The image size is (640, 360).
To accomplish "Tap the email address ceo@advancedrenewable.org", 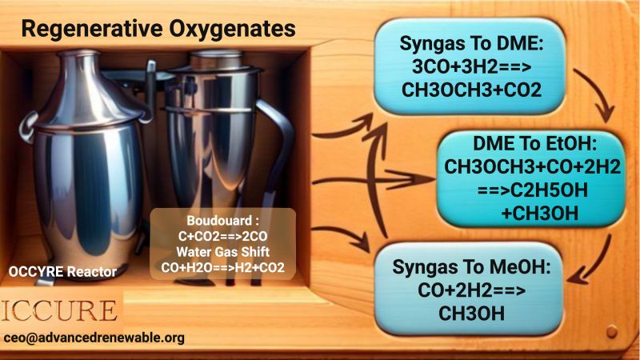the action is pos(94,338).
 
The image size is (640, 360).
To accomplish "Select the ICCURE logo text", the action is pos(59,311).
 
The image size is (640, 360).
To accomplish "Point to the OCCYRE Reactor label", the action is pos(62,272).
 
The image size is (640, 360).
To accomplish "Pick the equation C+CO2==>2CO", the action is pos(223,236).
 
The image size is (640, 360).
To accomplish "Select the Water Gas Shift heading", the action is pos(223,252).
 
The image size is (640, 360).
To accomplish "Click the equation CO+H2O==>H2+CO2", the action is pos(223,267).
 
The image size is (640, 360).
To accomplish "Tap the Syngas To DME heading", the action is pos(471,44).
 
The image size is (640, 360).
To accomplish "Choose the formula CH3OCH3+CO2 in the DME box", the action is pos(471,90).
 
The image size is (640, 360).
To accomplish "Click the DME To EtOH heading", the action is pos(534,143).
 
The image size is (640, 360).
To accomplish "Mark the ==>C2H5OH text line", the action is pos(532,190).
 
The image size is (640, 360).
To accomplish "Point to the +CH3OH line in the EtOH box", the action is pos(539,213).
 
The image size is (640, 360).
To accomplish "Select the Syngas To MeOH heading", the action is pos(471,267).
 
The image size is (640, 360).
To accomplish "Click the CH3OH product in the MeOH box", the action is pos(471,314).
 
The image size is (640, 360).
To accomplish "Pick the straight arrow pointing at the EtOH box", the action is pos(374,179).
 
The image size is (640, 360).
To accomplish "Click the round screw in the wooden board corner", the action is pos(611,331).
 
